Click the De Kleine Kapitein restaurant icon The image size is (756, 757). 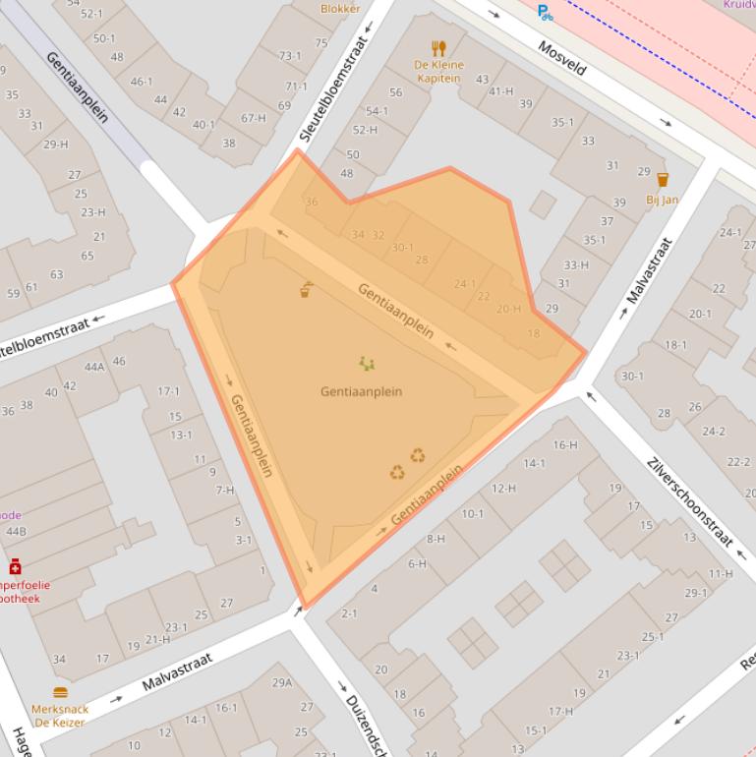point(438,47)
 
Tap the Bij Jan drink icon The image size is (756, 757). point(662,180)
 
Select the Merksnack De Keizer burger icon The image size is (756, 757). point(60,692)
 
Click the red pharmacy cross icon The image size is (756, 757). point(15,566)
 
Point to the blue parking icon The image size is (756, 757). point(544,12)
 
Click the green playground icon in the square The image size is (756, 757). point(367,365)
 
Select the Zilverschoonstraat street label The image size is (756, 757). point(690,500)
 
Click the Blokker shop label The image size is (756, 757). point(340,9)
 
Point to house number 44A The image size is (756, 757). point(94,367)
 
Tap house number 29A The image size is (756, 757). point(282,682)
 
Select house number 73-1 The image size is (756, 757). point(290,56)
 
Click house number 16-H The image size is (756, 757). point(564,444)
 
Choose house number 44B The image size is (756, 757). point(16,531)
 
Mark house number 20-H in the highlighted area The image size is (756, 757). point(508,309)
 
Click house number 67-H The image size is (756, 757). point(254,118)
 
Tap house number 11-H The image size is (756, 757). point(720,573)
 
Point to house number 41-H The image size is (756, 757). point(501,91)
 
